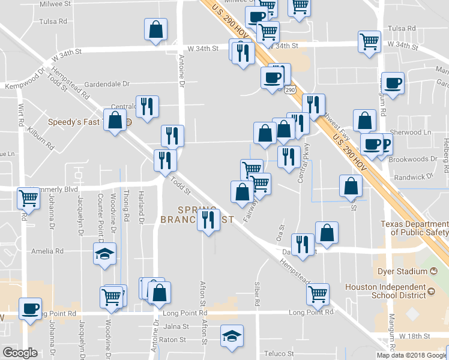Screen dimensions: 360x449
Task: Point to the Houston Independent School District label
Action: click(389, 292)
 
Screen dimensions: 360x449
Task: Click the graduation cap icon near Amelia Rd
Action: click(105, 254)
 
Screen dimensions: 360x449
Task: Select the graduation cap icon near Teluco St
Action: click(232, 336)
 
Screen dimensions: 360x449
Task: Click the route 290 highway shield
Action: click(290, 89)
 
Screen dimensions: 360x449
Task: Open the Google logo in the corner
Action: click(20, 353)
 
